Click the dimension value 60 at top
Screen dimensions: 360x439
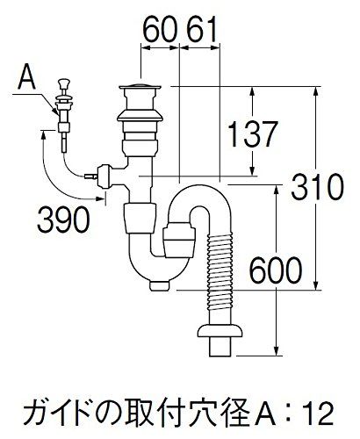coord(161,29)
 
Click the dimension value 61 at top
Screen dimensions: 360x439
coord(202,29)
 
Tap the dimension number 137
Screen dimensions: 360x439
coord(252,134)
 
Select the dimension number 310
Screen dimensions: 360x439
coord(317,186)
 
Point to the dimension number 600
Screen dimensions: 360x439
coord(276,270)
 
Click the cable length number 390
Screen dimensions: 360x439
coord(63,219)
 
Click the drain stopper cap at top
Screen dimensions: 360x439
coord(140,86)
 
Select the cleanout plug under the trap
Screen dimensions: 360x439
coord(160,285)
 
